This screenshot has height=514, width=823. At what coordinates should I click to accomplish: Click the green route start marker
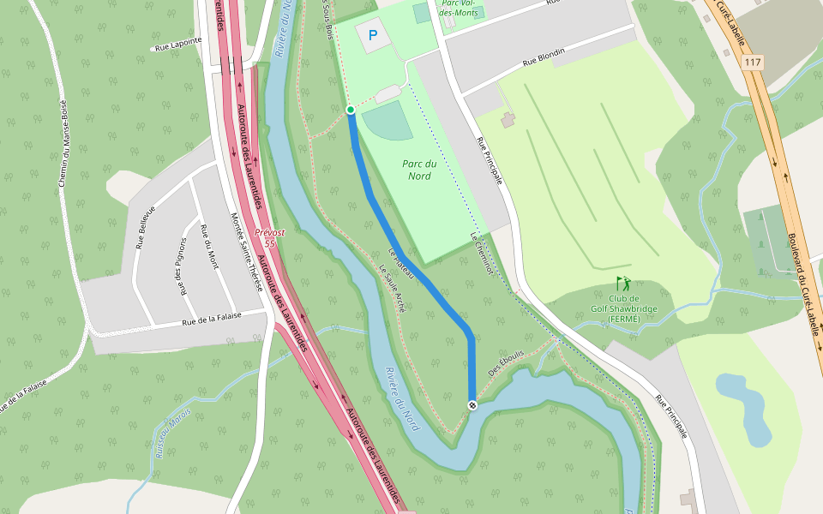(351, 110)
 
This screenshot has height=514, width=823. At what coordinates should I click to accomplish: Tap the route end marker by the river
(472, 404)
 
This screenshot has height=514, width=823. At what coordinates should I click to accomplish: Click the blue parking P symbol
(372, 36)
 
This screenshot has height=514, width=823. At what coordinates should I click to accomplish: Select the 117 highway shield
(753, 63)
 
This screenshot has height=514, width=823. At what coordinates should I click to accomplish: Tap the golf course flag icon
(623, 283)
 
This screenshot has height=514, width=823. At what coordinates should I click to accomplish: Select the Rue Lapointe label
(178, 42)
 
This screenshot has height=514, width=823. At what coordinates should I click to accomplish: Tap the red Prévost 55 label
(269, 237)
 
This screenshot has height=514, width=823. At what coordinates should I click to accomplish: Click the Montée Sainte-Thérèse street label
(246, 253)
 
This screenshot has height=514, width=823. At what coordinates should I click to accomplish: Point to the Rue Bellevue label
(145, 227)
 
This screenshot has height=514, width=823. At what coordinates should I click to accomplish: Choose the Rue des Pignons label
(182, 266)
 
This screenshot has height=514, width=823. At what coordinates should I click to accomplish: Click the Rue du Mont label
(209, 246)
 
